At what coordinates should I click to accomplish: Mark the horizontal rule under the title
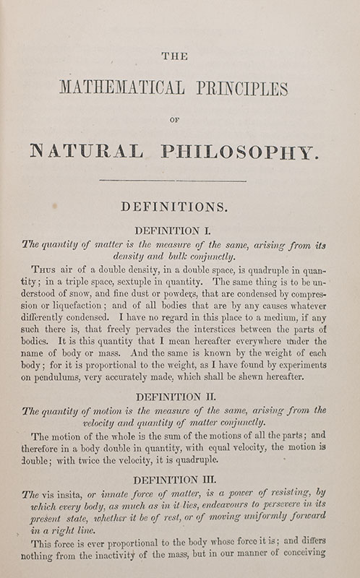(181, 179)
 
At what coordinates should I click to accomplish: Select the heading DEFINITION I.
(181, 231)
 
